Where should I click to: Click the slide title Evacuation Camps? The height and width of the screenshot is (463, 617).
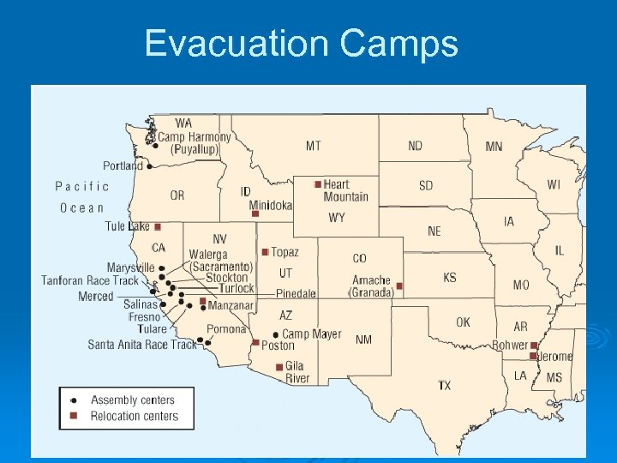pos(301,43)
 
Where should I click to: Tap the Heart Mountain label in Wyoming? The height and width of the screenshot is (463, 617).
pos(345,190)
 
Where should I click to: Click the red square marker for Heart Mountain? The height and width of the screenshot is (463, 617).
pos(318,184)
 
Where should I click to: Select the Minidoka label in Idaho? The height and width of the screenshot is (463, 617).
pos(271,206)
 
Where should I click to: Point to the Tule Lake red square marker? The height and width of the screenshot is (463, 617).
pos(158,226)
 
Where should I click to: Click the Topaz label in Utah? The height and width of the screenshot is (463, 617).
pos(285,252)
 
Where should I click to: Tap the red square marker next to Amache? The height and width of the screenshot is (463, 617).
pos(399,286)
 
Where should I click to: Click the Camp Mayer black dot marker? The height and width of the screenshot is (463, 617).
pos(275,334)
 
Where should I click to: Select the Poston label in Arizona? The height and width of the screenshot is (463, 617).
pos(278,346)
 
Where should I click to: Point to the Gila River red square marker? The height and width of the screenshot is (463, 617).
pos(279,367)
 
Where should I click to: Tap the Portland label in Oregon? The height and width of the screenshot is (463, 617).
pos(123,165)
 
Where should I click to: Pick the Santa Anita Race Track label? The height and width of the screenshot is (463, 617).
pos(142,345)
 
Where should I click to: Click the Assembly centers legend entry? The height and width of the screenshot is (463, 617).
pos(132,400)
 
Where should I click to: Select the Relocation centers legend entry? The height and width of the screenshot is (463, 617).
pos(134,416)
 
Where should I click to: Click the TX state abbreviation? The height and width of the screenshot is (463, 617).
pos(444,386)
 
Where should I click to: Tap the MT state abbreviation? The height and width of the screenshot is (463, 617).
pos(314,146)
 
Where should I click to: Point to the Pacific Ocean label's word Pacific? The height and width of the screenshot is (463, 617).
pos(82,186)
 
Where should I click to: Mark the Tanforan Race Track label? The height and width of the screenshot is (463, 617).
pos(89,280)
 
